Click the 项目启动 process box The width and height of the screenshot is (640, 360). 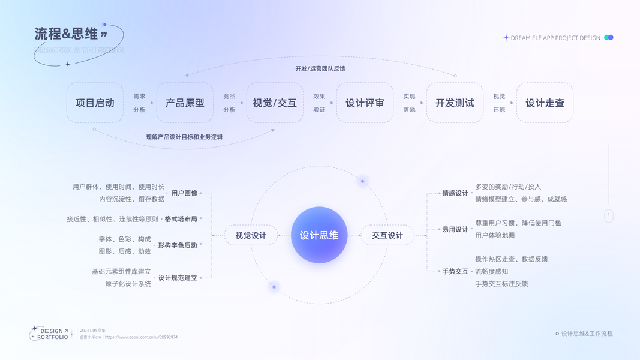pos(95,103)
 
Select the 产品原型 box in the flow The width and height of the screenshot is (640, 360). pos(185,103)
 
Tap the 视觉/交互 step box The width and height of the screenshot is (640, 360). pos(275,103)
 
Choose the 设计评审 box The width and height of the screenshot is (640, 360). pos(365,103)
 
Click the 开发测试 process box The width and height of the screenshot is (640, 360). pos(455,103)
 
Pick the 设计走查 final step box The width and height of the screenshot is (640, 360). pos(545,103)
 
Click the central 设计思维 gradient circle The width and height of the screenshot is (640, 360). pos(319,235)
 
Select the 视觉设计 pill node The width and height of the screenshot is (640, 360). pos(251,235)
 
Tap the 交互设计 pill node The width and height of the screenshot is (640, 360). pos(387,235)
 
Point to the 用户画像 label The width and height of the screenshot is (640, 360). pos(184,193)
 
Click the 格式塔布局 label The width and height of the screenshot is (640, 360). pos(181,219)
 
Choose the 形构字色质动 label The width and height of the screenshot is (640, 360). pos(177,245)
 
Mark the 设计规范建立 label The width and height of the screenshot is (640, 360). pos(177,278)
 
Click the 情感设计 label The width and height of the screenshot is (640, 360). pos(455,193)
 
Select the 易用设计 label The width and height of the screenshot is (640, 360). pos(455,229)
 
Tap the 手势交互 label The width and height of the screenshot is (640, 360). pos(455,271)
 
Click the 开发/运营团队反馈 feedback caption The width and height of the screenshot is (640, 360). pos(320,68)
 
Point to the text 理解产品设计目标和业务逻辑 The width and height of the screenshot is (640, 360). pos(184,137)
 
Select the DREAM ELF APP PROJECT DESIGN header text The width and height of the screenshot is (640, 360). pos(555,38)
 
